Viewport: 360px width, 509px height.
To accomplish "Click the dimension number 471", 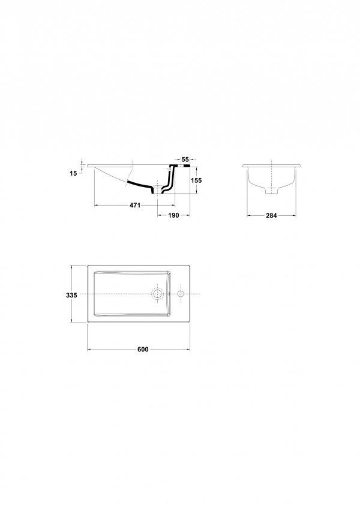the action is tap(135, 205).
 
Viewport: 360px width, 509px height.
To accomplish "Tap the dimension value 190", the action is tap(173, 215).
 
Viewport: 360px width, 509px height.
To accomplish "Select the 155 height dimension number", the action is tap(196, 180).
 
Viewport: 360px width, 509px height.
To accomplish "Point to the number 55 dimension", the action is tap(185, 159).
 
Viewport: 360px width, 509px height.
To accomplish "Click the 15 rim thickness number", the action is tap(73, 173).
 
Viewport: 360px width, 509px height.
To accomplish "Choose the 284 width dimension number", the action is tap(271, 215).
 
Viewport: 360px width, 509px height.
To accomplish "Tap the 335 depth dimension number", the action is tap(71, 296).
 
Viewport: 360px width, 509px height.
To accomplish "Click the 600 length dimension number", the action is tap(143, 350).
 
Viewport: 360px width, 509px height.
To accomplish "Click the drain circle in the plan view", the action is tap(158, 294).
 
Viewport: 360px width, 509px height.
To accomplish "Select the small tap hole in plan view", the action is tap(181, 294).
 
